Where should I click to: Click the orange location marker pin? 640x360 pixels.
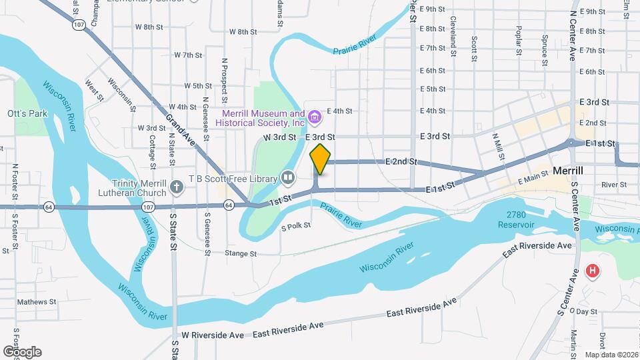[x=320, y=159]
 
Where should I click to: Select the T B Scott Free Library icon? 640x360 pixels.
[x=287, y=177]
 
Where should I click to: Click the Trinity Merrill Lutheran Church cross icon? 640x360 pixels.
[x=176, y=186]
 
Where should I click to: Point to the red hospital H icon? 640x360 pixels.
[x=591, y=271]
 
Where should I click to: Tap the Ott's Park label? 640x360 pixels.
[x=27, y=113]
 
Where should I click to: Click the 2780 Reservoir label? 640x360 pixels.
[x=516, y=219]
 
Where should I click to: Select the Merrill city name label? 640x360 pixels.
[x=568, y=171]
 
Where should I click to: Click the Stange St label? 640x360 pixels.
[x=241, y=253]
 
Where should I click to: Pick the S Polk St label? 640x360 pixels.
[x=296, y=225]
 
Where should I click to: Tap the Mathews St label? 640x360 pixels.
[x=37, y=301]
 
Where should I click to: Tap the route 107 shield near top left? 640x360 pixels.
[x=79, y=25]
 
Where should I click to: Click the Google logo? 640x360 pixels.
[x=22, y=351]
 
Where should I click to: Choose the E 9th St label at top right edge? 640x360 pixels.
[x=592, y=11]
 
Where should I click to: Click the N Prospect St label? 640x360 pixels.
[x=225, y=78]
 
